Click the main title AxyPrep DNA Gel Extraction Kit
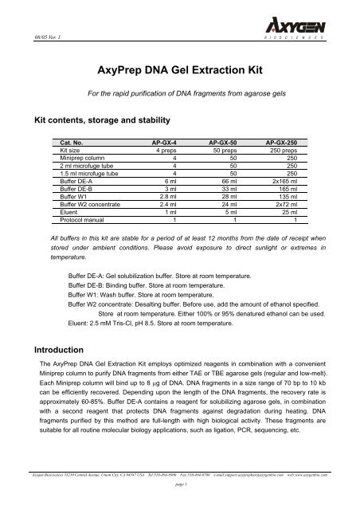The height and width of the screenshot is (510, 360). (x=180, y=69)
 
